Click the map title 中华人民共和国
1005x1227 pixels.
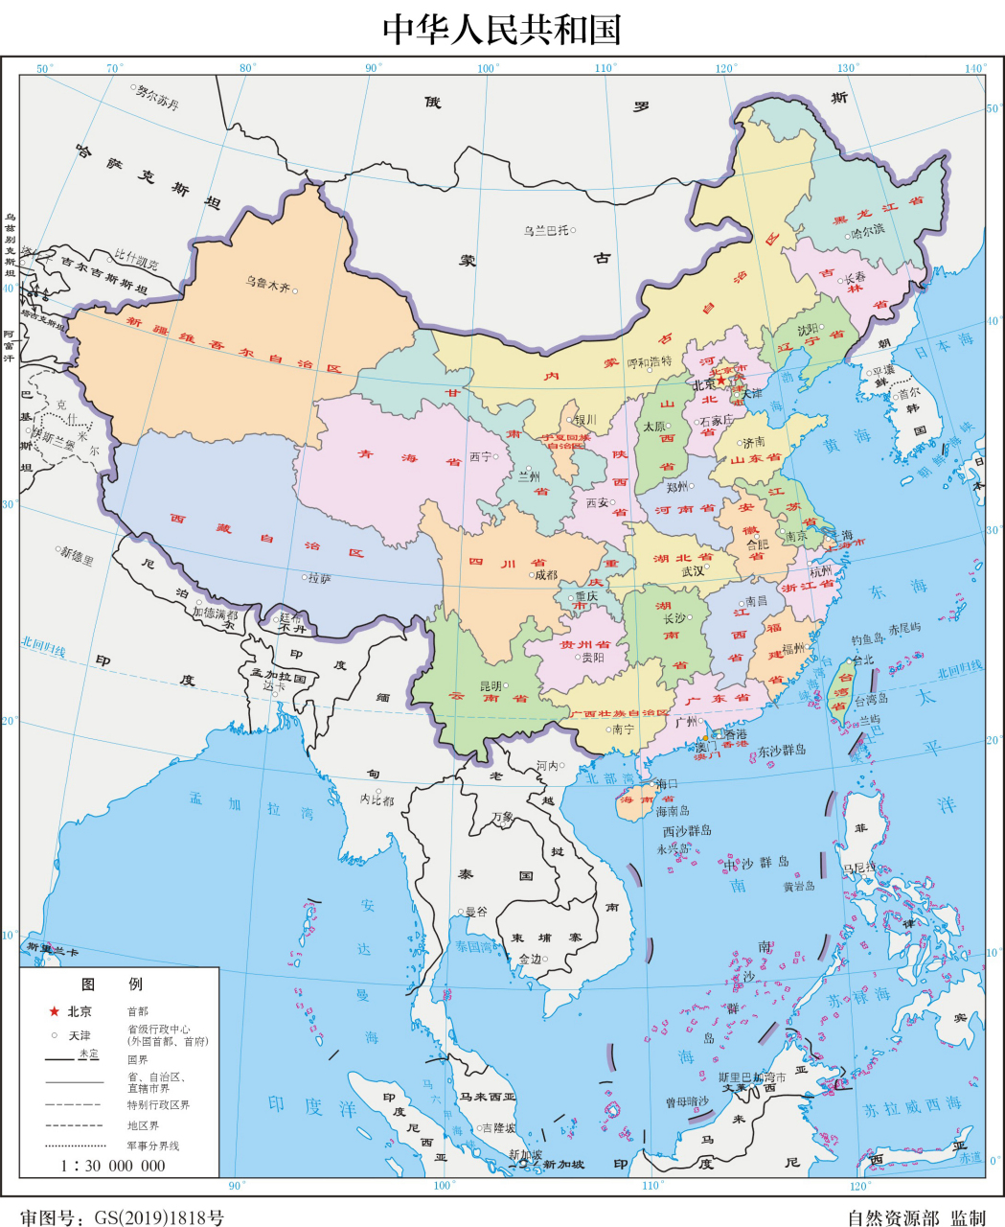[x=502, y=29]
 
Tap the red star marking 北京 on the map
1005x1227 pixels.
[x=721, y=381]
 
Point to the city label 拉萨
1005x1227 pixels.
[x=320, y=578]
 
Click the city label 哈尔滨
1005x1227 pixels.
[x=867, y=231]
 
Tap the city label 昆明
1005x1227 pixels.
[x=491, y=686]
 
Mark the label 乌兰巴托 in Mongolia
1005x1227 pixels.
[x=546, y=230]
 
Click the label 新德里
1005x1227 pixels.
[x=78, y=555]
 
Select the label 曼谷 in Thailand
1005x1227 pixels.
[x=476, y=912]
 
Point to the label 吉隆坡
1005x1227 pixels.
[x=498, y=1128]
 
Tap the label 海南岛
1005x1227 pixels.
[x=673, y=811]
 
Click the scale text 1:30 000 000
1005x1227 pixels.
[x=113, y=1166]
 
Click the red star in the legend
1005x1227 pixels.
[x=55, y=1011]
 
